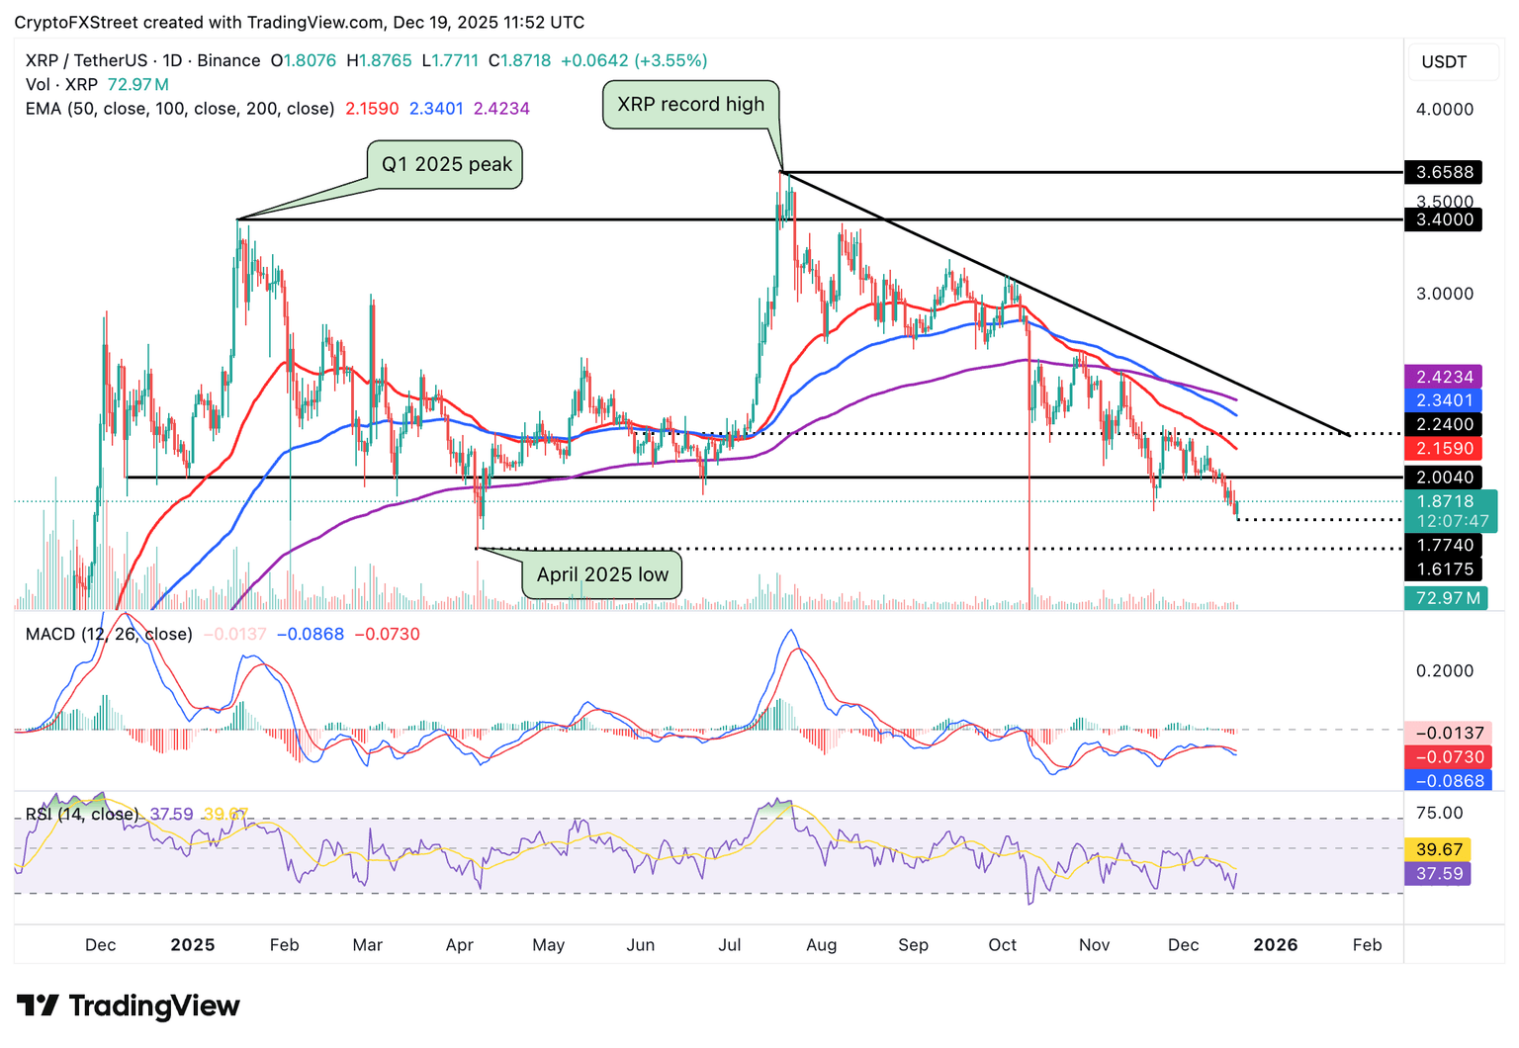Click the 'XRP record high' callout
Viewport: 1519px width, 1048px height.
tap(690, 105)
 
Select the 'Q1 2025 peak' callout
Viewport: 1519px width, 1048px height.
tap(446, 164)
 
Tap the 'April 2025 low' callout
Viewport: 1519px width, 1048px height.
tap(602, 574)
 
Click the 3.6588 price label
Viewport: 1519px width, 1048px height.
tap(1444, 172)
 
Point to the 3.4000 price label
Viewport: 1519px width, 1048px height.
tap(1444, 219)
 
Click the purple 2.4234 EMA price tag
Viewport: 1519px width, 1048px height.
tap(1444, 377)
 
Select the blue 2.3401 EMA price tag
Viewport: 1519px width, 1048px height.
tap(1444, 400)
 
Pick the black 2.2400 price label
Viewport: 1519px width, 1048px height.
tap(1444, 424)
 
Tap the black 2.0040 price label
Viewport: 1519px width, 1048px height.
tap(1444, 478)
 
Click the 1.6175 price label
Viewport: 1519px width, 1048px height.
tap(1444, 568)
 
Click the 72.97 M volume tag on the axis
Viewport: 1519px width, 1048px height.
tap(1446, 597)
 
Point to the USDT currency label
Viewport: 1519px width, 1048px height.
tap(1444, 62)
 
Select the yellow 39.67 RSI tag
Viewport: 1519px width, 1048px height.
tap(1439, 849)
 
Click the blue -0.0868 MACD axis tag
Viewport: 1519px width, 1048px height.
tap(1449, 780)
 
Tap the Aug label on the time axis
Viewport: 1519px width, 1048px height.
tap(821, 945)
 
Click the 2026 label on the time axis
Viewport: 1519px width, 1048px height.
tap(1276, 945)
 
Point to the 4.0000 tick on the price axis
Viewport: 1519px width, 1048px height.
tap(1444, 110)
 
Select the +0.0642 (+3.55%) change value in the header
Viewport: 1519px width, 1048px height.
tap(634, 60)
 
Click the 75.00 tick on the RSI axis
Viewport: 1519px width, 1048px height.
tap(1439, 813)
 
